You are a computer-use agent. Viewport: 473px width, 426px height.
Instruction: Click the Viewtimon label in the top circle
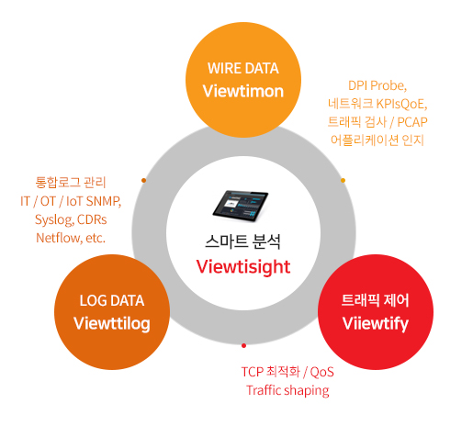pyautogui.click(x=243, y=91)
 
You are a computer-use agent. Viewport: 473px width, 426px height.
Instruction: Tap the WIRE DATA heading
pyautogui.click(x=243, y=68)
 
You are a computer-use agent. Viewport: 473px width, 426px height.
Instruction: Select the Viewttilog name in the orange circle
pyautogui.click(x=112, y=324)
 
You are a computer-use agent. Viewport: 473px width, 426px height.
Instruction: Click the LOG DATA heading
pyautogui.click(x=112, y=300)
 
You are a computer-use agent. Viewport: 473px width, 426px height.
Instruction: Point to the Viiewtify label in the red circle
pyautogui.click(x=376, y=324)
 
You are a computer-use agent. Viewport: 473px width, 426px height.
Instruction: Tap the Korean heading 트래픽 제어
pyautogui.click(x=376, y=300)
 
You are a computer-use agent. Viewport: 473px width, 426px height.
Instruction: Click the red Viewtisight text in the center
pyautogui.click(x=243, y=267)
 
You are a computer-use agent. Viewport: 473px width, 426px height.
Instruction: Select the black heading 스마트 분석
pyautogui.click(x=243, y=241)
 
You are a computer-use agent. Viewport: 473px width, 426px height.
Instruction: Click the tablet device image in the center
pyautogui.click(x=241, y=206)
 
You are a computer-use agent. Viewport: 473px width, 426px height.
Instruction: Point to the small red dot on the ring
pyautogui.click(x=243, y=345)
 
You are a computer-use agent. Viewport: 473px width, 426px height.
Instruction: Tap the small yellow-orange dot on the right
pyautogui.click(x=343, y=180)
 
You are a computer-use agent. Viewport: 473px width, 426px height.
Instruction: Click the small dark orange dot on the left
pyautogui.click(x=143, y=180)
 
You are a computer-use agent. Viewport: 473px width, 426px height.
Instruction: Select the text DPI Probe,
pyautogui.click(x=377, y=85)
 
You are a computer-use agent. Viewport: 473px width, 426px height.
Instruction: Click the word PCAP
pyautogui.click(x=412, y=122)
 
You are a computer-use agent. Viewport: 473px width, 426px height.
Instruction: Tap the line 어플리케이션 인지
pyautogui.click(x=377, y=140)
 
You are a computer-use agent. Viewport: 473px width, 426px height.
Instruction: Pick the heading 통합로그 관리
pyautogui.click(x=71, y=183)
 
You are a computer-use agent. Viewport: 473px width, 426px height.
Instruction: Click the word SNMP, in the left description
pyautogui.click(x=104, y=201)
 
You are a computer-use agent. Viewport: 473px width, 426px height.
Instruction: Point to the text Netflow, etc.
pyautogui.click(x=71, y=238)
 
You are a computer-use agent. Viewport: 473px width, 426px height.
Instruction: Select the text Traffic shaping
pyautogui.click(x=287, y=391)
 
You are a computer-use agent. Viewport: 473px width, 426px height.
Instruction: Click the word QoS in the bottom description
pyautogui.click(x=321, y=372)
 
